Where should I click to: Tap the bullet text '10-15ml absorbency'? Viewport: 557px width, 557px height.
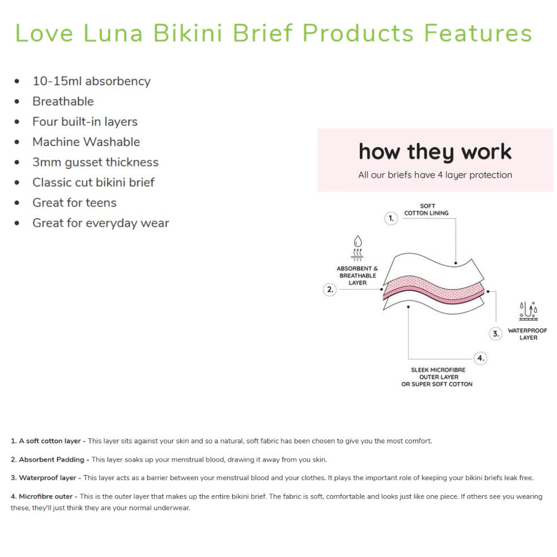coord(91,81)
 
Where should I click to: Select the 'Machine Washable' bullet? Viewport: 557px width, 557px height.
coord(86,142)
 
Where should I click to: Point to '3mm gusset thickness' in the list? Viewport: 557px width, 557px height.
coord(95,163)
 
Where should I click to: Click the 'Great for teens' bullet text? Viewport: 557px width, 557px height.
coord(74,203)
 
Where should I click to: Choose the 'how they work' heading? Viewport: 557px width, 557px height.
coord(435,152)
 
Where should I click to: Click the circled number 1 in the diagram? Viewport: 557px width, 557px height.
coord(392,219)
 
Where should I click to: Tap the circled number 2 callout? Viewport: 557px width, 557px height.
coord(330,290)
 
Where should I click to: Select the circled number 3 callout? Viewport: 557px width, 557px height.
coord(496,334)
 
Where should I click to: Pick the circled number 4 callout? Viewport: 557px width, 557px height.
coord(480,358)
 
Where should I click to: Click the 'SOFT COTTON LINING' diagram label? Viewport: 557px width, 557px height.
coord(427,209)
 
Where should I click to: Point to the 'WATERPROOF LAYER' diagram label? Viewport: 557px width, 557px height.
coord(527,334)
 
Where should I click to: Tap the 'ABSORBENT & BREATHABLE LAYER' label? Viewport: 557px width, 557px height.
coord(357,276)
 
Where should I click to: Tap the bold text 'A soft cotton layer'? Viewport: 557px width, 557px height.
coord(50,441)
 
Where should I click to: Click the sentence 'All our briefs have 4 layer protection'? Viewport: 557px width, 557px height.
coord(435,175)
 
